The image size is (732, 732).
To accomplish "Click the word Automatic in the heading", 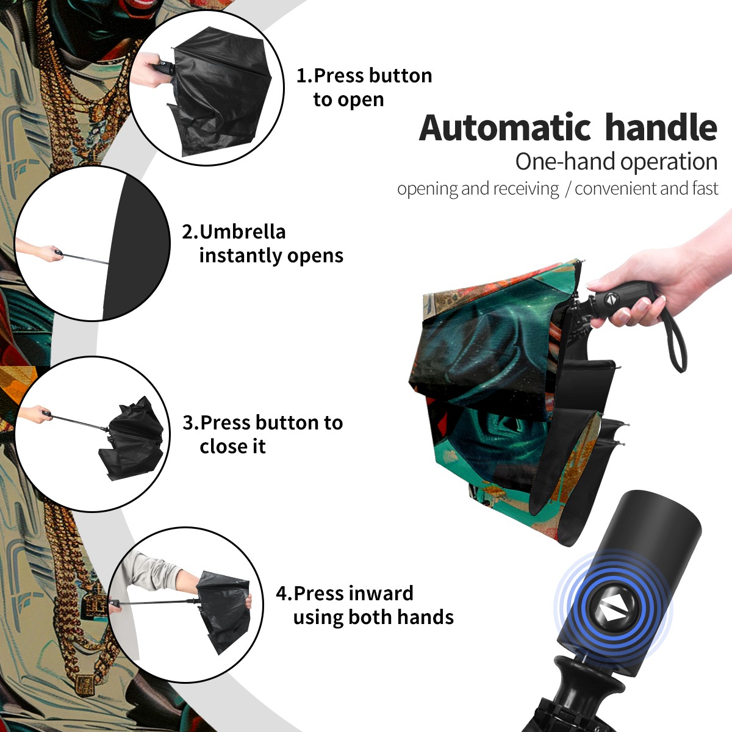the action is click(x=505, y=127).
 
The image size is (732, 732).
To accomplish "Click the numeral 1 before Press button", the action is click(x=301, y=76).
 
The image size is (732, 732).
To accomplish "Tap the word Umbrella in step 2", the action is click(x=242, y=232).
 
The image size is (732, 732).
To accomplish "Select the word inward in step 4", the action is click(x=381, y=593).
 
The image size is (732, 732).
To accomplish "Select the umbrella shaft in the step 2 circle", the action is click(x=85, y=258).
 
